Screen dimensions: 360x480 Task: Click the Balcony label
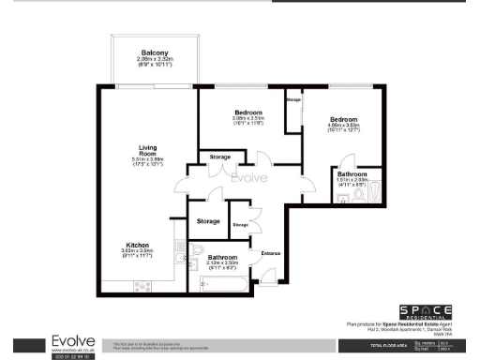[155, 52]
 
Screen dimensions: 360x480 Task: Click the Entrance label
[271, 253]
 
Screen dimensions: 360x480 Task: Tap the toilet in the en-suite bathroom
[374, 195]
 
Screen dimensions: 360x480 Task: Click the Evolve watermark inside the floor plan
[249, 177]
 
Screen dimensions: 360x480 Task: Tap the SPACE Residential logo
[427, 312]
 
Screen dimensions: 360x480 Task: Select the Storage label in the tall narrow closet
[293, 99]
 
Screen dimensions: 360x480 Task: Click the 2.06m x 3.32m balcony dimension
[155, 62]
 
